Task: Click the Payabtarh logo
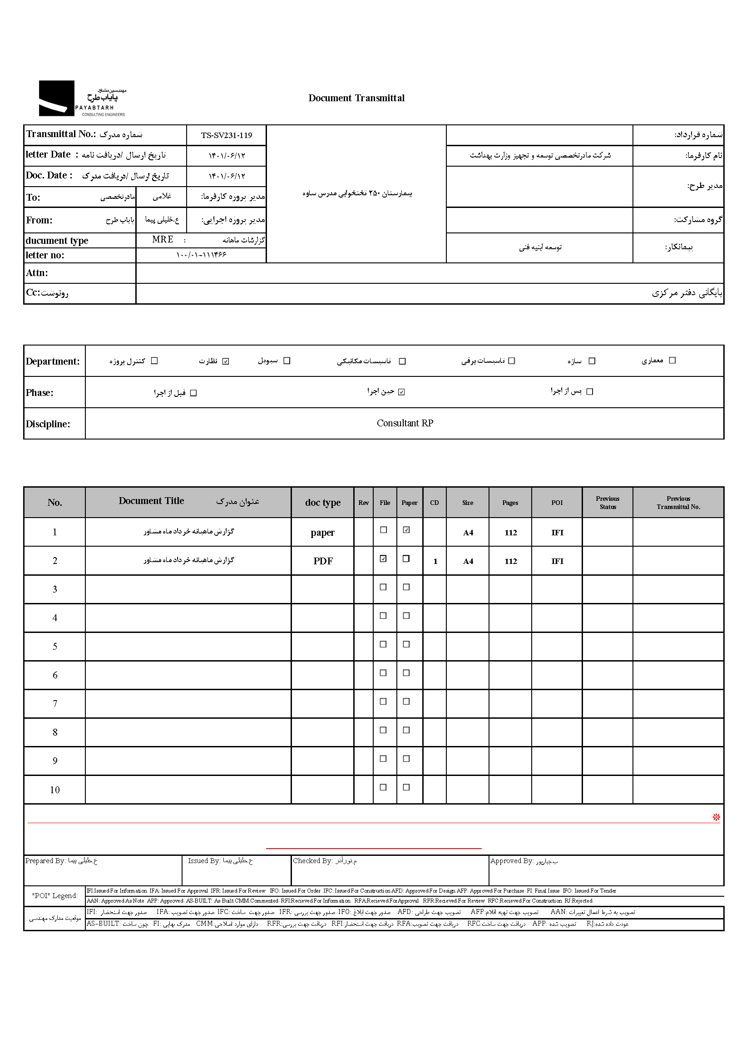(x=82, y=98)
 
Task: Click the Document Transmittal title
(x=356, y=98)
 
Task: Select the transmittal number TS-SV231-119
(x=227, y=135)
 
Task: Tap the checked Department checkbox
(x=226, y=361)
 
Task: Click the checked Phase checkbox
(x=401, y=392)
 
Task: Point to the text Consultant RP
(x=405, y=423)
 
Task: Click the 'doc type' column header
(x=323, y=503)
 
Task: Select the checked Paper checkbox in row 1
(x=406, y=530)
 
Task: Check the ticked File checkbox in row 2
(x=383, y=559)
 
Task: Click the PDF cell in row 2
(x=323, y=561)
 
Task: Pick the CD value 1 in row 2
(x=435, y=562)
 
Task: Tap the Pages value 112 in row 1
(x=510, y=533)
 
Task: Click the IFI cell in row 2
(x=557, y=561)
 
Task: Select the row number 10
(x=54, y=790)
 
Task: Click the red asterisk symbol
(x=716, y=818)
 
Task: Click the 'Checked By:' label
(x=312, y=861)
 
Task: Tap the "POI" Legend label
(x=54, y=895)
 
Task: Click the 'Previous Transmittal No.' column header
(x=678, y=503)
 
